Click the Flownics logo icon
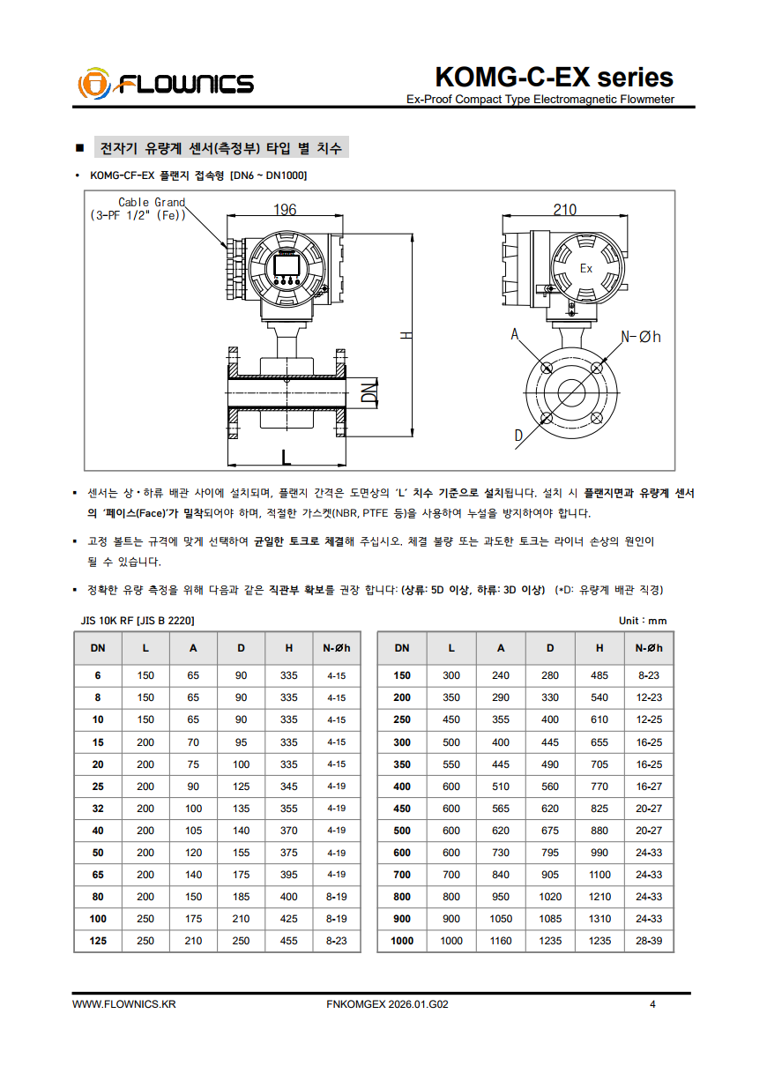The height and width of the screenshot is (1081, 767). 93,85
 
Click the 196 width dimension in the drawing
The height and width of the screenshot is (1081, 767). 285,209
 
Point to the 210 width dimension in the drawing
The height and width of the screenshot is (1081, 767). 564,209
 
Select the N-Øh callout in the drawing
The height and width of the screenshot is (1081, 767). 641,336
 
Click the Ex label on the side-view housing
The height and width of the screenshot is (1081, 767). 585,268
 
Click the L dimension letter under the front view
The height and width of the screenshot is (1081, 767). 285,457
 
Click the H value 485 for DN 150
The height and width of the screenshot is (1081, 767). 599,675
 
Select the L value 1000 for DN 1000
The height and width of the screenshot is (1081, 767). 451,941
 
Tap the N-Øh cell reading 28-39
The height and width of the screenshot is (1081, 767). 649,941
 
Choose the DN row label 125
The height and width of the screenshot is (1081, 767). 98,941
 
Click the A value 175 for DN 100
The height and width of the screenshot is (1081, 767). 193,919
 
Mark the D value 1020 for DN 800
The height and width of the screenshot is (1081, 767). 550,897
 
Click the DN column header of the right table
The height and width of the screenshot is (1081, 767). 402,648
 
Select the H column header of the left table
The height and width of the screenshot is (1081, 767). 289,648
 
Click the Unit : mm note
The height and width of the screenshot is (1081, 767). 643,621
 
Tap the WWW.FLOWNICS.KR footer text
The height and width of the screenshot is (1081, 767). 124,1004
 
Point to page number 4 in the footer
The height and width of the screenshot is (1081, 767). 652,1004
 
